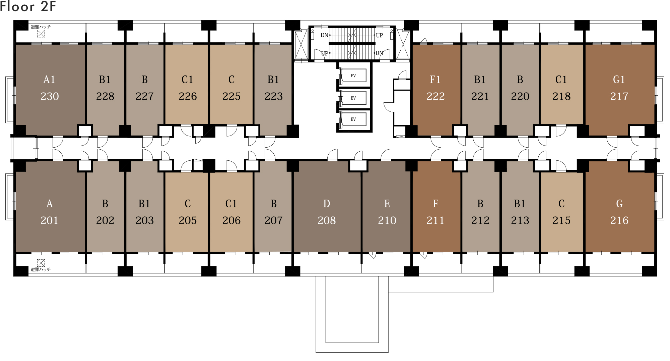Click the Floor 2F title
28,6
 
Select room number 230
50,96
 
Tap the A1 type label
49,80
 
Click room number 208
327,220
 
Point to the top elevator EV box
353,75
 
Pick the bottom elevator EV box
353,119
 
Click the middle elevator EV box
353,98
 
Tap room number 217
619,96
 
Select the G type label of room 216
619,204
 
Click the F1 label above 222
435,80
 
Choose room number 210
387,220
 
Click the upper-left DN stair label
324,35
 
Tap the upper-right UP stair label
379,35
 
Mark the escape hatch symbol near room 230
41,34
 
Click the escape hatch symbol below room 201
41,263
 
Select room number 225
231,96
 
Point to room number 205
188,220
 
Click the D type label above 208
327,204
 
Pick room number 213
520,220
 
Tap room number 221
480,96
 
